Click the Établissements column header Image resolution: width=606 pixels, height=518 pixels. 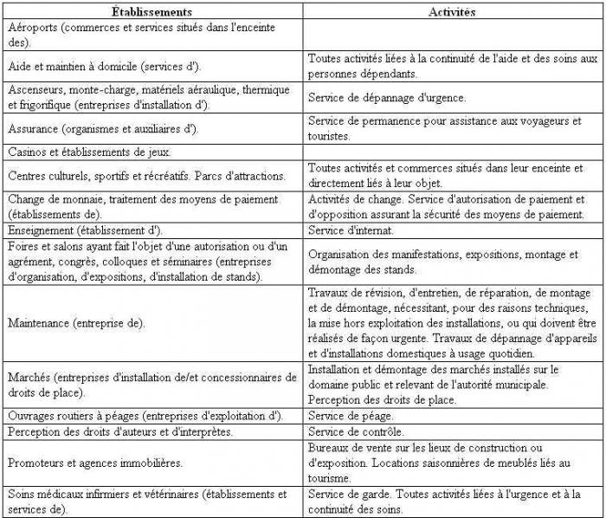(x=151, y=13)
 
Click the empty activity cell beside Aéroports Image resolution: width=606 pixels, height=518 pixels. (x=451, y=35)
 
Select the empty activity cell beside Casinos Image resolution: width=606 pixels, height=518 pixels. (x=451, y=152)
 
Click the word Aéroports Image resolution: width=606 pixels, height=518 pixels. (x=33, y=28)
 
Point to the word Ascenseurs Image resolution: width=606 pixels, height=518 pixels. (x=36, y=89)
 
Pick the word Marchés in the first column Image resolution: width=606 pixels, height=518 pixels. (x=29, y=377)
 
